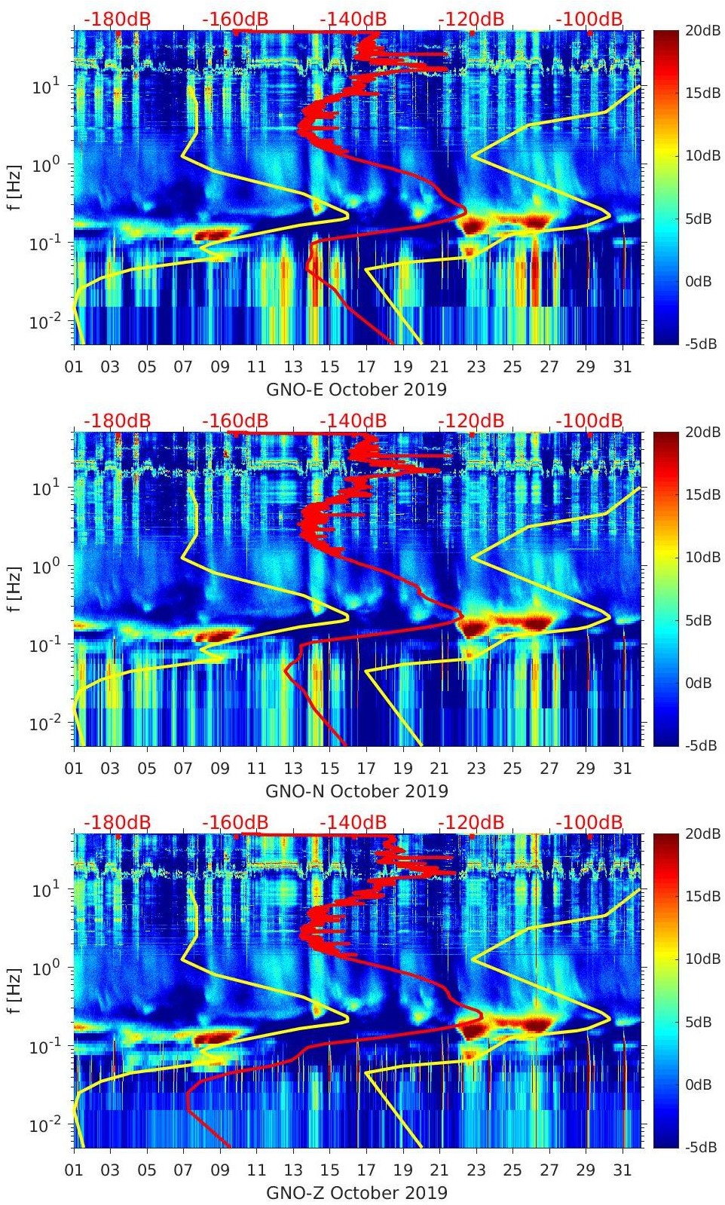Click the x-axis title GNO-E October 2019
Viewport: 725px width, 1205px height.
(x=356, y=390)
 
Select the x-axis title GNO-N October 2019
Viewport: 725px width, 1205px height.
(x=356, y=791)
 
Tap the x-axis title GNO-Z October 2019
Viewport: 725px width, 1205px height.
(x=356, y=1193)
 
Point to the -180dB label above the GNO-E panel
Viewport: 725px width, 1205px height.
(x=117, y=19)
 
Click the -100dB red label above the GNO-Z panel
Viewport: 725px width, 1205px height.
(x=589, y=822)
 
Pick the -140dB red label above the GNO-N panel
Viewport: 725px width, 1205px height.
(x=353, y=421)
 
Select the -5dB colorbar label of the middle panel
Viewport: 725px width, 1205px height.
(x=703, y=745)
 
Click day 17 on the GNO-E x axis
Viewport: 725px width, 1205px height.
(x=366, y=367)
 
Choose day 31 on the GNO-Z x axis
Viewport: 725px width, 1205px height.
(x=622, y=1170)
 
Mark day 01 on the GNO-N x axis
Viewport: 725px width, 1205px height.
(x=74, y=769)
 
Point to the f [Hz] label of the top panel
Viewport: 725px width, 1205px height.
(x=14, y=187)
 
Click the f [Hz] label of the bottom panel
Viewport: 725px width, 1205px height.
(x=14, y=990)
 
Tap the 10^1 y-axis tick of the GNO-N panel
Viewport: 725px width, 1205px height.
(x=43, y=488)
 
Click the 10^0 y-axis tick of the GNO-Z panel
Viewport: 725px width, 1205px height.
(x=43, y=968)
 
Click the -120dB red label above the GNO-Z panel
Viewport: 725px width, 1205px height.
(x=471, y=822)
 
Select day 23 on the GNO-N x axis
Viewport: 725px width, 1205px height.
(x=476, y=769)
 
